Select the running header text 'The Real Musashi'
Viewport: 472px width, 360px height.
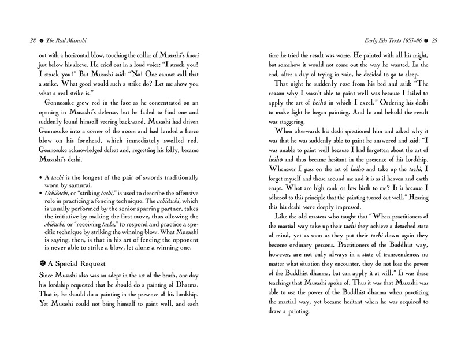click(54, 40)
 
